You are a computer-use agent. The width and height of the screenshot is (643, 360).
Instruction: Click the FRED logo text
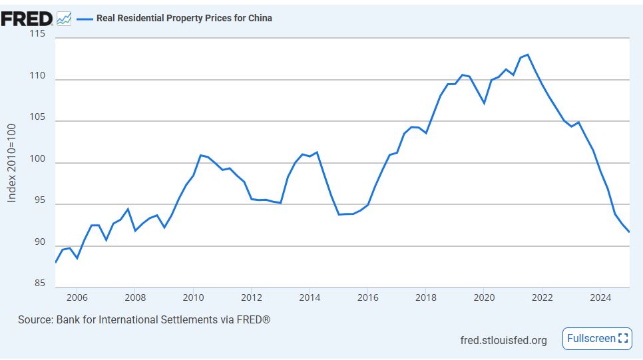[x=27, y=19]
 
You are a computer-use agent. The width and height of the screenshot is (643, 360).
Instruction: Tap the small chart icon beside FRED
[x=64, y=19]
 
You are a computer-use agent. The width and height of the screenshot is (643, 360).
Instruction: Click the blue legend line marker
[x=84, y=19]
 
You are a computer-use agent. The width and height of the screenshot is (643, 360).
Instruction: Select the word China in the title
[x=260, y=18]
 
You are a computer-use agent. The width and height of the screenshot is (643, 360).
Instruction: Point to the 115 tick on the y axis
[x=37, y=34]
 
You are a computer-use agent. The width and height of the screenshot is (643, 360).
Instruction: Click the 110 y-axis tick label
[x=37, y=76]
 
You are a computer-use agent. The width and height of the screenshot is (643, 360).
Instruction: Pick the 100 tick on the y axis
[x=37, y=160]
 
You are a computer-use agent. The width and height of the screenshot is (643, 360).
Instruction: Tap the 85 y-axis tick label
[x=39, y=284]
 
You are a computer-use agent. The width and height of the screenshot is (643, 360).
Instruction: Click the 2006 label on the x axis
[x=77, y=297]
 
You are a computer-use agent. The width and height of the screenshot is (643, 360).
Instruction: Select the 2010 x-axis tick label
[x=193, y=297]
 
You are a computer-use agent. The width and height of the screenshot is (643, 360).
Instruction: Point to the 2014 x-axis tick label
[x=310, y=297]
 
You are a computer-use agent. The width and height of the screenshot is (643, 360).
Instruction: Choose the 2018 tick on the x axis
[x=426, y=297]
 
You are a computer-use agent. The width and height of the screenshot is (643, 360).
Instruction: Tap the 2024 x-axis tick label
[x=600, y=297]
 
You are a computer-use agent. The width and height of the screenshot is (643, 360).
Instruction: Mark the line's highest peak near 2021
[x=527, y=55]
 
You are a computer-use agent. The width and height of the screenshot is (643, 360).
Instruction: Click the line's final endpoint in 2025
[x=629, y=232]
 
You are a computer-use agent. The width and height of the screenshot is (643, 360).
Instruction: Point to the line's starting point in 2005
[x=55, y=262]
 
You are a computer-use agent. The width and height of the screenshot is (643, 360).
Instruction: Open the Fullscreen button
[x=597, y=339]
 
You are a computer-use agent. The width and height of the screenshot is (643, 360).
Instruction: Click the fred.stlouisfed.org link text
[x=503, y=340]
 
